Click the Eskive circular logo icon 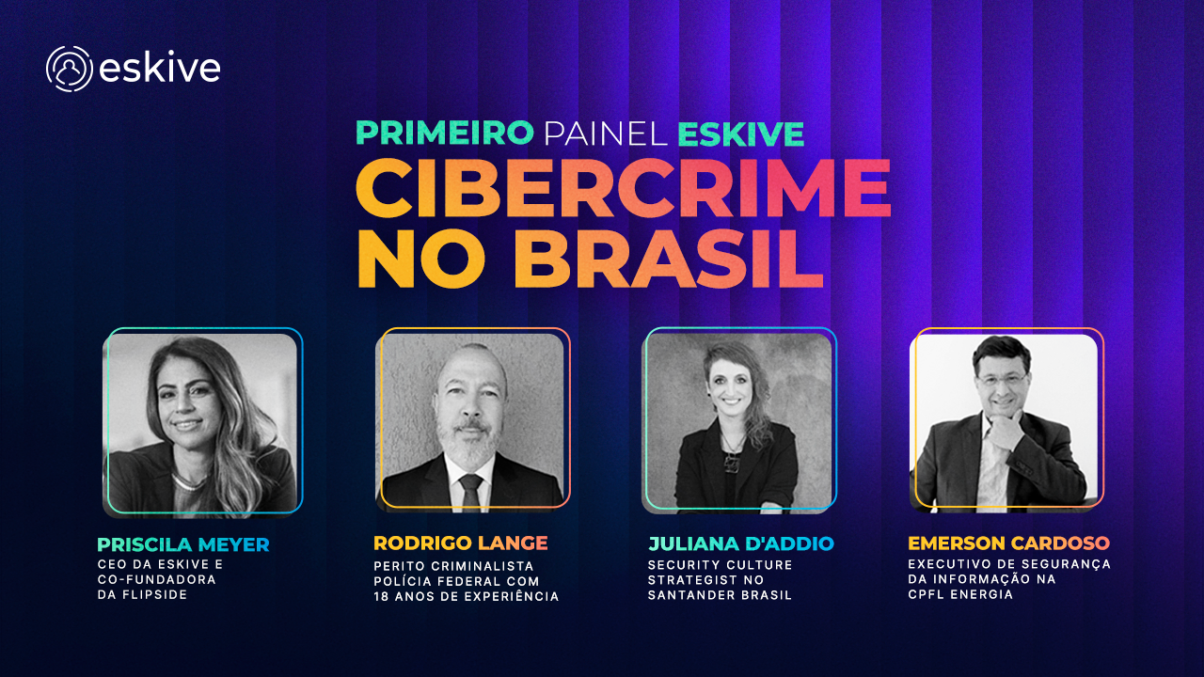coord(69,69)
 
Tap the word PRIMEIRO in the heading coord(444,133)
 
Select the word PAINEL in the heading coord(606,133)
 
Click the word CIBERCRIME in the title coord(623,190)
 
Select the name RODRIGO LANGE coord(460,543)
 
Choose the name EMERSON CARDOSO coord(1008,543)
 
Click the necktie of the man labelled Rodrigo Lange coord(470,490)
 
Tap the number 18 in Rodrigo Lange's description coord(382,596)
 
